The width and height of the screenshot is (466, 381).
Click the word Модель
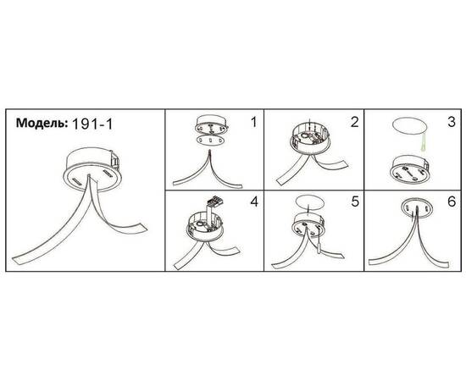coord(42,123)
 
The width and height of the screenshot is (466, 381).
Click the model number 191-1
coord(92,124)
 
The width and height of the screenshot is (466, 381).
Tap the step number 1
coord(253,122)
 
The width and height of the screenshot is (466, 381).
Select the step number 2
coord(354,122)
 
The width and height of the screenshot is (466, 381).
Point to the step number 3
coord(452,122)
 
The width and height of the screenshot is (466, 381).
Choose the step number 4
coord(254,202)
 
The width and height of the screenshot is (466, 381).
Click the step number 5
coord(355,202)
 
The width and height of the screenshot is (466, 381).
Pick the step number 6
coord(452,202)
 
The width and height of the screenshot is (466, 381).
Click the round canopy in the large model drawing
coord(92,169)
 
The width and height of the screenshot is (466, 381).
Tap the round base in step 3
coord(412,169)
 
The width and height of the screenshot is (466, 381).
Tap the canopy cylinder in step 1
coord(212,124)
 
